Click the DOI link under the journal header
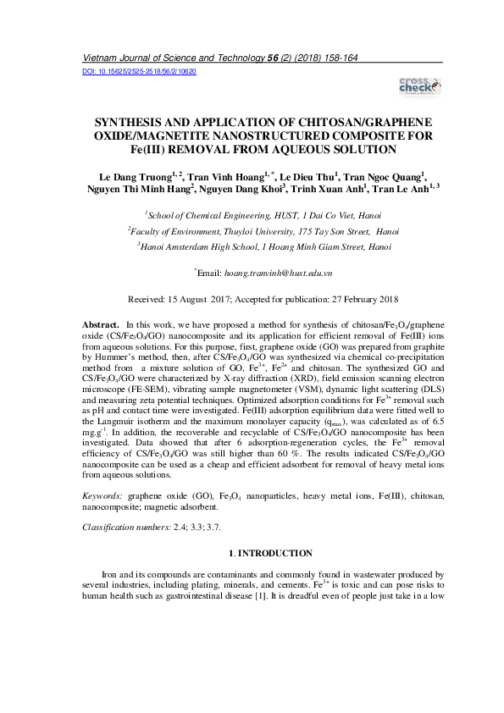[x=139, y=72]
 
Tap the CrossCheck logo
[x=419, y=86]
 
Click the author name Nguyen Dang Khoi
[x=247, y=191]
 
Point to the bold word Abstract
[x=100, y=325]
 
